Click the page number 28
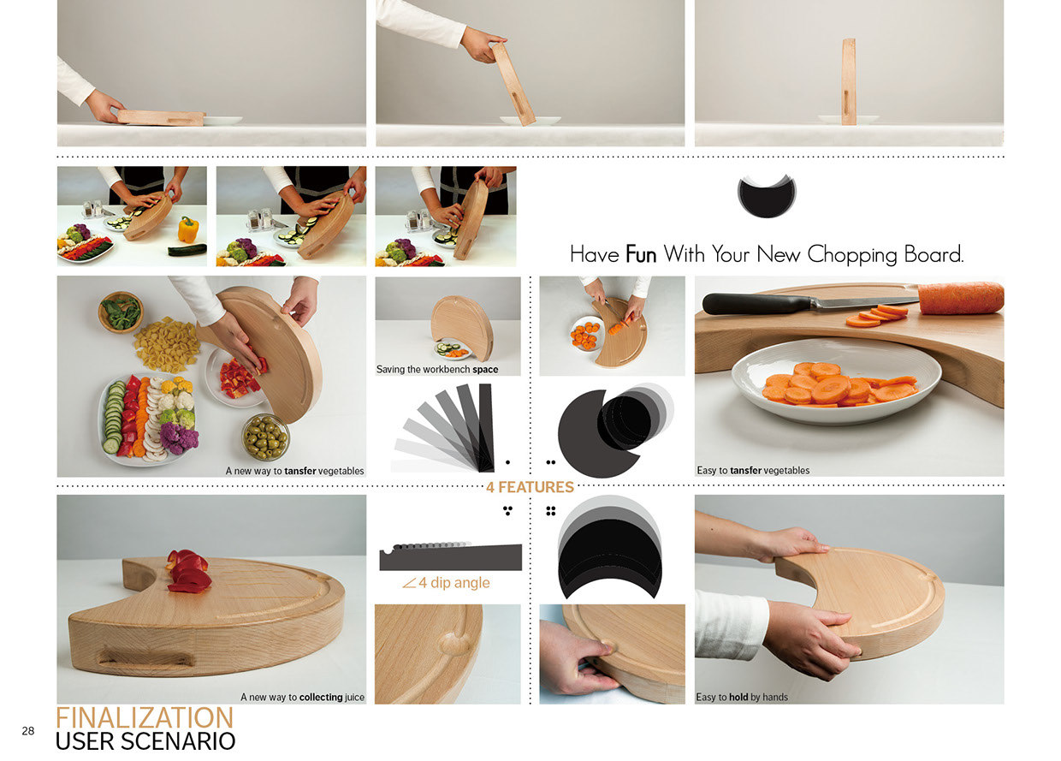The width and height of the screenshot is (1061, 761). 28,730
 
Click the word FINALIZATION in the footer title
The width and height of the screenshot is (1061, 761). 144,717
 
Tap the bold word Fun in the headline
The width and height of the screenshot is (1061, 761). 642,254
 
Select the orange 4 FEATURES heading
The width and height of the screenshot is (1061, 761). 530,487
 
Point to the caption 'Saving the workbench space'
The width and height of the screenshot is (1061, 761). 437,370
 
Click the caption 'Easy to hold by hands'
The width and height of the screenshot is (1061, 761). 741,697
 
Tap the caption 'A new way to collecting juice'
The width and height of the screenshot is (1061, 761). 302,697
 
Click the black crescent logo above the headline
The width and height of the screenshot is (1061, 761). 766,196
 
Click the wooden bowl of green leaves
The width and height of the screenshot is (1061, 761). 121,312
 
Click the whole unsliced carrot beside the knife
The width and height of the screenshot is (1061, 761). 960,298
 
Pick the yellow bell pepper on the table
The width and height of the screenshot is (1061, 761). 188,229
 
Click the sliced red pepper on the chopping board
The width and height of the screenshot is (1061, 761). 188,572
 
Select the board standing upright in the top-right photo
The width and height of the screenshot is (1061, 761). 848,82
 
